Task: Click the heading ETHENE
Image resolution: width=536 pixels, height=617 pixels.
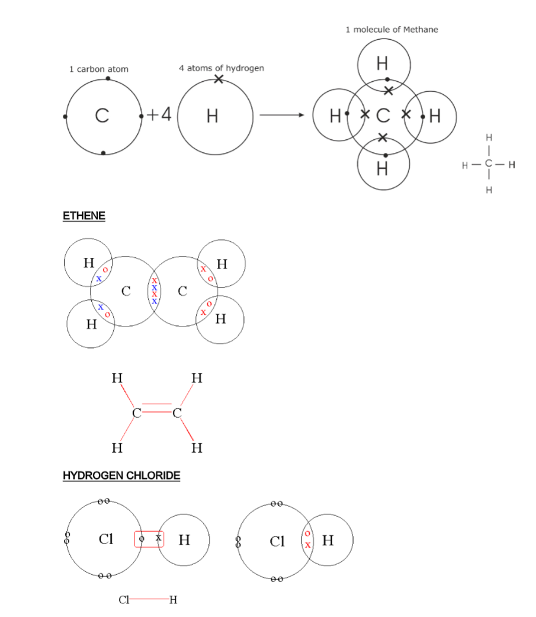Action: pos(84,216)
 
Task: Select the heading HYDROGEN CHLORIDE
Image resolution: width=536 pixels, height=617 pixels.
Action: pos(121,475)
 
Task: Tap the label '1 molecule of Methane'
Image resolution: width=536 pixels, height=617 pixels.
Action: pos(392,29)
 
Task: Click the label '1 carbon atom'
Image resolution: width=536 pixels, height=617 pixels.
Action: pos(98,69)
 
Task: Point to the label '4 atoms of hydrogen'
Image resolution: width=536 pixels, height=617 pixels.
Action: pos(222,68)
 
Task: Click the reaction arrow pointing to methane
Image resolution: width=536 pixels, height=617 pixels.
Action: pos(281,115)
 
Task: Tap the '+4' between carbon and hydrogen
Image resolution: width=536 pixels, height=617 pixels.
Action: pos(159,114)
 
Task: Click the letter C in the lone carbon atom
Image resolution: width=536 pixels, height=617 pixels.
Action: pos(102,117)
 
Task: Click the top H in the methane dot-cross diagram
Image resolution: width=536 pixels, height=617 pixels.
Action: pos(383,63)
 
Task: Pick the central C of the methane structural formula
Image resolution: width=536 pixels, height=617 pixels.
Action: pos(489,164)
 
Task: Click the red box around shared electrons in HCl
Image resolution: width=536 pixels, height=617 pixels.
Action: pos(149,539)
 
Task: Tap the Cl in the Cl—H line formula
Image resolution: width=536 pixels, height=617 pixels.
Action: pos(124,599)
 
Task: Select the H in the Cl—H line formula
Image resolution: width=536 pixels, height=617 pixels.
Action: pos(173,599)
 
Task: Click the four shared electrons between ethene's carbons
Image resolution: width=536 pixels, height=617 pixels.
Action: pos(155,290)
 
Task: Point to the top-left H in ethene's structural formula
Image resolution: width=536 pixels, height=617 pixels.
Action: pos(117,378)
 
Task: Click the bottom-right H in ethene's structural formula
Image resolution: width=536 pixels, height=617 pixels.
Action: pos(197,448)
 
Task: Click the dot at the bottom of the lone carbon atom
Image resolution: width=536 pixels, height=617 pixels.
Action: pos(104,153)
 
